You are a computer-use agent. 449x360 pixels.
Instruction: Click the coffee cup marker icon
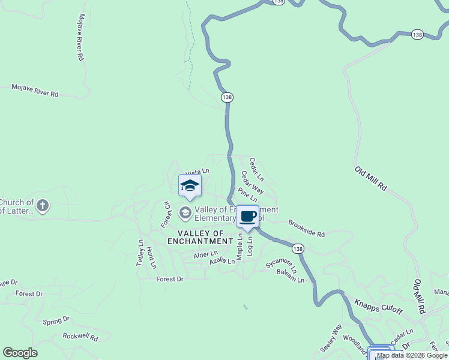[247, 216]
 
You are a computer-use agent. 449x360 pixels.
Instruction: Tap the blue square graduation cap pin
[190, 185]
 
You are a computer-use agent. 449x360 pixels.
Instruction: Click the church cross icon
[42, 206]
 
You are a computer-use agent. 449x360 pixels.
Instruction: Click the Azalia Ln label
[222, 261]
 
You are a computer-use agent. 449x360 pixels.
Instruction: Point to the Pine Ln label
[247, 194]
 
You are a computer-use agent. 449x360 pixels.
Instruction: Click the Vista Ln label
[197, 172]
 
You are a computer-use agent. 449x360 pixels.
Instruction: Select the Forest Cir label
[166, 215]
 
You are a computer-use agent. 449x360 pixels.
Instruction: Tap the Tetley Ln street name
[140, 253]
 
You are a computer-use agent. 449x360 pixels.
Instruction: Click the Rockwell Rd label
[80, 337]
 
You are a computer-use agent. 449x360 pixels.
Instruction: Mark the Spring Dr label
[56, 320]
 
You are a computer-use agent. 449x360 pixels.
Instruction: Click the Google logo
[20, 353]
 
